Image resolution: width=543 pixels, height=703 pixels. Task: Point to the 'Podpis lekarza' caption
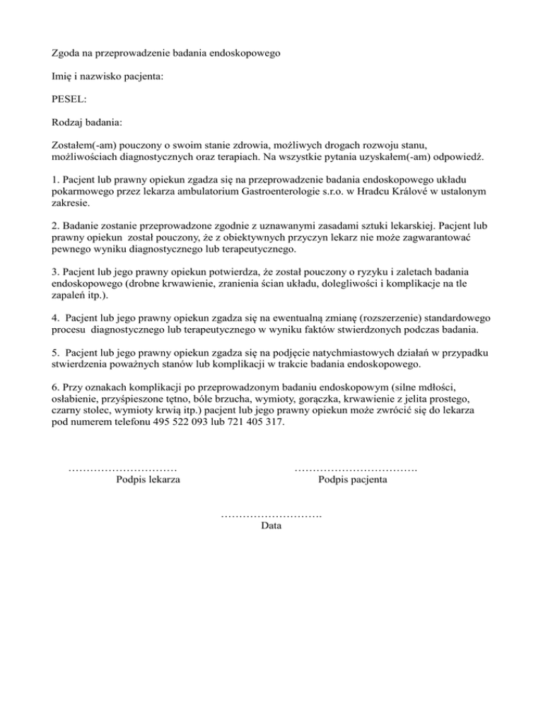[147, 480]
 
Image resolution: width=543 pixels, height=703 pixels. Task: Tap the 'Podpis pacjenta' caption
[353, 480]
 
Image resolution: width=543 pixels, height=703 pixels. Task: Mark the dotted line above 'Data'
[271, 514]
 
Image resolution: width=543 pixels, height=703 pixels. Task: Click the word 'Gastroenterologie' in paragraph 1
[284, 190]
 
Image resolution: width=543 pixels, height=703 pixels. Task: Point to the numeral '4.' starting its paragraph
[57, 318]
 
